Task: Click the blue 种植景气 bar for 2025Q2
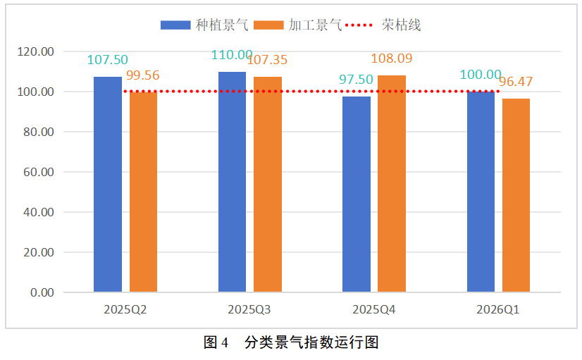(107, 185)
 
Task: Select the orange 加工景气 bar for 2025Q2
(143, 192)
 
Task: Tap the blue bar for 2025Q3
(232, 182)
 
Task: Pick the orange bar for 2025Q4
(391, 184)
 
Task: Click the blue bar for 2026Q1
(481, 192)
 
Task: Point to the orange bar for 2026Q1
(516, 195)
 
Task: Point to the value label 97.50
(356, 79)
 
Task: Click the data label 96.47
(516, 82)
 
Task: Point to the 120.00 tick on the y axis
(36, 52)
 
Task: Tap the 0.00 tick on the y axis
(42, 292)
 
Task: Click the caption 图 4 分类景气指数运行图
(291, 343)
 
